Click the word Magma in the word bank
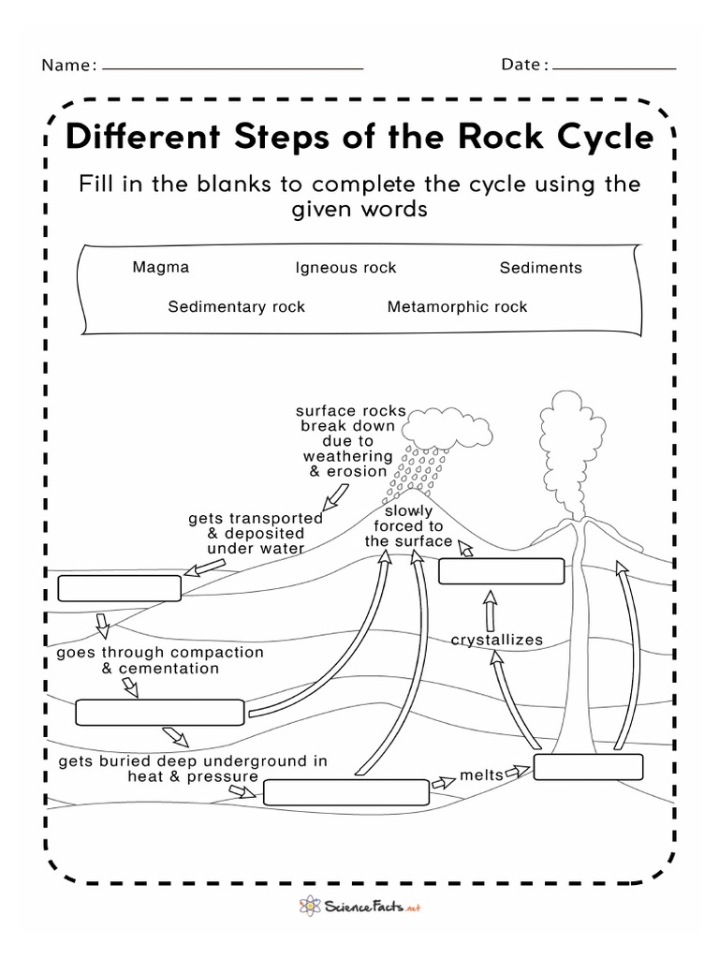coord(161,267)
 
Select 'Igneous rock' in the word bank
coord(345,268)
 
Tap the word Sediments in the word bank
coord(540,268)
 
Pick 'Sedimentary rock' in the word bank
coord(236,306)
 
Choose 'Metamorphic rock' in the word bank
coord(457,306)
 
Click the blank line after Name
coord(232,66)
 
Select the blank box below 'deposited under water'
coord(119,588)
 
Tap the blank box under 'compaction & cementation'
coord(161,712)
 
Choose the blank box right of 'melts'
coord(589,766)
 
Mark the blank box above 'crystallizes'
coord(502,571)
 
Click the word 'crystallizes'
coord(497,640)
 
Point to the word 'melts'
coord(481,775)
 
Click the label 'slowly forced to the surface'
coord(408,526)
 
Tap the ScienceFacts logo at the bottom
coord(359,907)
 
